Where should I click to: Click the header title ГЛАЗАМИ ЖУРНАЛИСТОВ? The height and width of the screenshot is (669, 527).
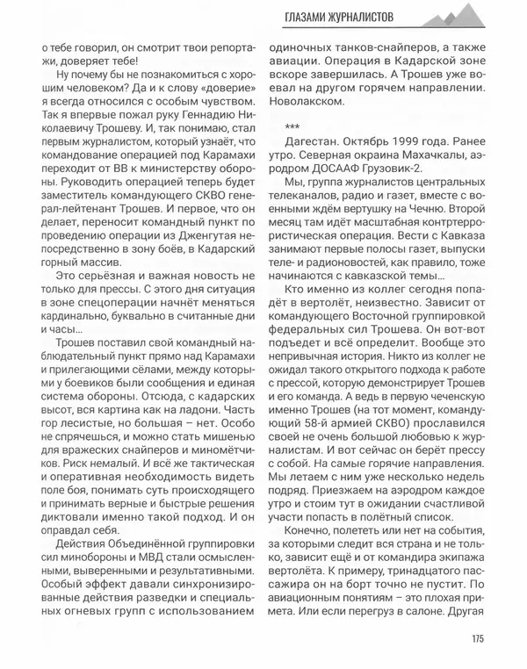click(x=343, y=18)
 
